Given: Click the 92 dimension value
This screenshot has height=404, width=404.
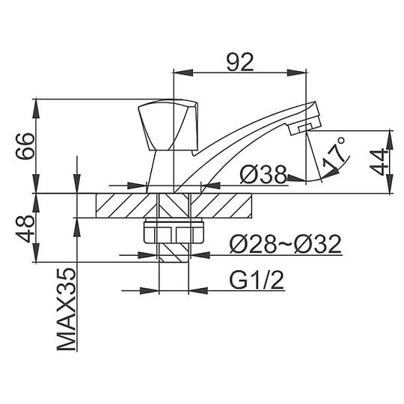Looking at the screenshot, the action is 240,62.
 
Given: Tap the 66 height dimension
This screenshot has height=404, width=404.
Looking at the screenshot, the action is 25,146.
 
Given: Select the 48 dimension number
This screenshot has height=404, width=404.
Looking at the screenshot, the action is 25,229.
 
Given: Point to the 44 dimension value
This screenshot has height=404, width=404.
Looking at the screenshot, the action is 379,162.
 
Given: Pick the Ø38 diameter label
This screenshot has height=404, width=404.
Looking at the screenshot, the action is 263,174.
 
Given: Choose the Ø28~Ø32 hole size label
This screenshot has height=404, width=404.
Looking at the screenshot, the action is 286,244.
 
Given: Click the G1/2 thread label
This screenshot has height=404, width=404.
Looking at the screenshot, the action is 257,280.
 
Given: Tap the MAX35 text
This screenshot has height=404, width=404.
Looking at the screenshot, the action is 67,310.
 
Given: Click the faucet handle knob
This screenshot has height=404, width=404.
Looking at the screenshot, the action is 168,126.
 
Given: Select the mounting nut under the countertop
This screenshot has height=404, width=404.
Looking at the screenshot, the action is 174,230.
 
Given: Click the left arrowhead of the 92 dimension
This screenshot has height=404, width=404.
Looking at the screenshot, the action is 183,73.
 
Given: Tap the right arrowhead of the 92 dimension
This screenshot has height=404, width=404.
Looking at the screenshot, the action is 297,73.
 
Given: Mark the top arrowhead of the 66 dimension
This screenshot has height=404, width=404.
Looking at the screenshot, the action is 37,108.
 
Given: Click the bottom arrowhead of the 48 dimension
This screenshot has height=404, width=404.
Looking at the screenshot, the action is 37,253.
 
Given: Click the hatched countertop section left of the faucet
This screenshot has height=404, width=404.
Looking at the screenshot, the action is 126,206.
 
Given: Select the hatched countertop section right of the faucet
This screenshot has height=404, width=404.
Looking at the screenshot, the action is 221,206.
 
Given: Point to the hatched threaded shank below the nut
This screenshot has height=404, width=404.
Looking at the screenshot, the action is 174,253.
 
